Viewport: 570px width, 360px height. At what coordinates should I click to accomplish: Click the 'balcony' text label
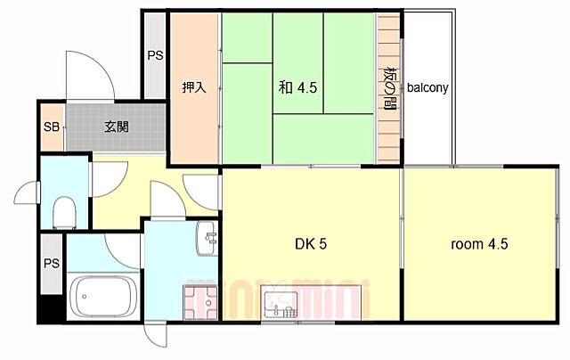click(x=427, y=88)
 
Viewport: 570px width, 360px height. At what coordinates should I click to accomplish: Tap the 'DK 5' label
click(x=311, y=244)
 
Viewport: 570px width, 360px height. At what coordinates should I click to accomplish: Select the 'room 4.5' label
click(x=479, y=244)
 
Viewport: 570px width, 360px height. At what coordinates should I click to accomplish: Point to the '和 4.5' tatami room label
click(x=297, y=87)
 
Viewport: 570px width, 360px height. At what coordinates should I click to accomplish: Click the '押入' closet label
click(x=194, y=87)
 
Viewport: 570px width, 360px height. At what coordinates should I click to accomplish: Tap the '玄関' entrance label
click(x=117, y=127)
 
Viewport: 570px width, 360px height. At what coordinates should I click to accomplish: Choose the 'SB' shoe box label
click(x=52, y=127)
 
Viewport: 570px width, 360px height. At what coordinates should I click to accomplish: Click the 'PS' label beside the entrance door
click(x=155, y=55)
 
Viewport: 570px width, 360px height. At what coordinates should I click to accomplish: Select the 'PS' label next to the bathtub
click(x=52, y=263)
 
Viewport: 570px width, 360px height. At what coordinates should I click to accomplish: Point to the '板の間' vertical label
click(x=390, y=87)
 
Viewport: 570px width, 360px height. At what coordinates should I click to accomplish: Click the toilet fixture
click(x=65, y=213)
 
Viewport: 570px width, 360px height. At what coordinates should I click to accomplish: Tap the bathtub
click(x=104, y=297)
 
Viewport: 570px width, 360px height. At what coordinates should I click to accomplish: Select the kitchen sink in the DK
click(x=281, y=305)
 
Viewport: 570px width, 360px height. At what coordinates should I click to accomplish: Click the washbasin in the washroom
click(x=208, y=238)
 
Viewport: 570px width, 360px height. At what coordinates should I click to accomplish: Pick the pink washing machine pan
click(x=200, y=303)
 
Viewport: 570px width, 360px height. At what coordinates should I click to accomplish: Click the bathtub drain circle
click(x=85, y=297)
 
